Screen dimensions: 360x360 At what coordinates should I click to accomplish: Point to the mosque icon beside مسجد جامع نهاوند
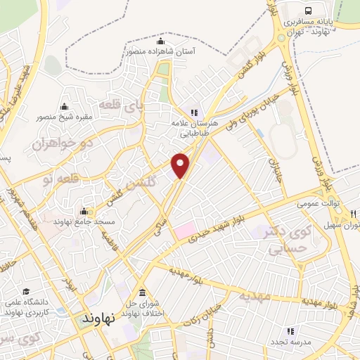coord(84,212)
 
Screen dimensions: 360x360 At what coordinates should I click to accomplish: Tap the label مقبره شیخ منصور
coord(67,117)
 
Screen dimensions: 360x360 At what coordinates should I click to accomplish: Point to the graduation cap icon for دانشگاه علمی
coord(26,291)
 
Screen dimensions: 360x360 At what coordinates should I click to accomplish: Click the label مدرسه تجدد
coord(292,341)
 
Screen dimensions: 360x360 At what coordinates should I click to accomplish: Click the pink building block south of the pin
coord(184,229)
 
